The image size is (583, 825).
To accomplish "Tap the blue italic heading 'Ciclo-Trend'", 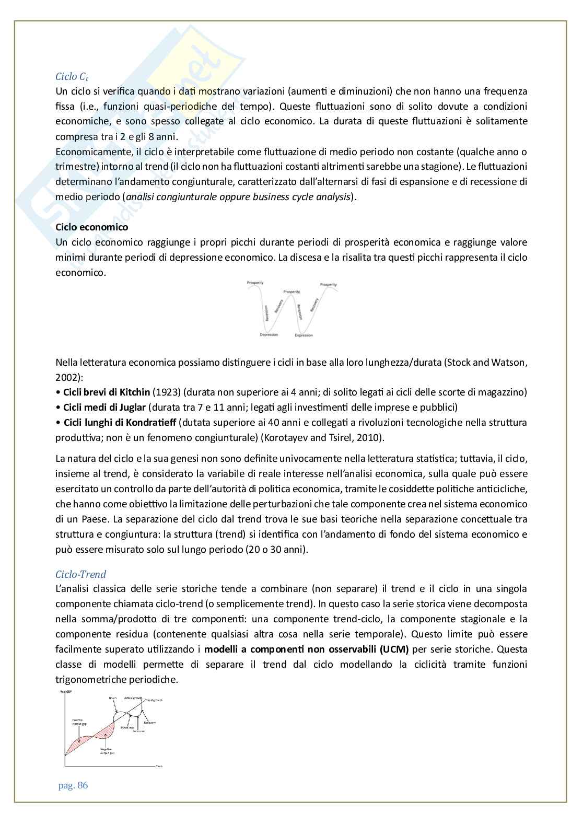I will click(x=80, y=574).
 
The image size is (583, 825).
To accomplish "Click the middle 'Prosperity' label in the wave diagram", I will click(x=291, y=292).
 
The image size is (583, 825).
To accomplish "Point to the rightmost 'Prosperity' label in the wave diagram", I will click(x=328, y=284).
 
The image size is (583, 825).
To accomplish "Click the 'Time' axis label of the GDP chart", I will click(x=159, y=766).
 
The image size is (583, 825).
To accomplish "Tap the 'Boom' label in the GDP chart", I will click(x=112, y=698).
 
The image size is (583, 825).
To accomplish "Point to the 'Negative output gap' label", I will click(x=106, y=751).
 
